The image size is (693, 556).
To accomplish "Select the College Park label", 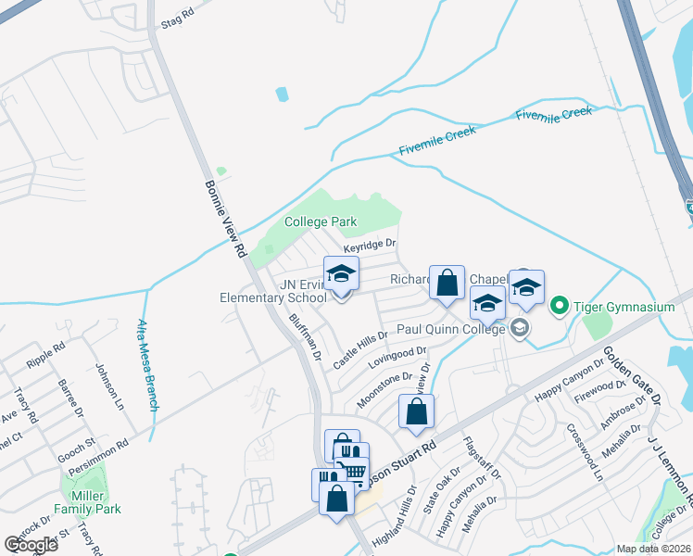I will (321, 222).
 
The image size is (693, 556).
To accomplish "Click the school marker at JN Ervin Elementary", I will (341, 274).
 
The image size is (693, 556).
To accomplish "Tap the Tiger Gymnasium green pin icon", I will (559, 305).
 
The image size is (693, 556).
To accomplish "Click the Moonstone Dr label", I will (384, 388).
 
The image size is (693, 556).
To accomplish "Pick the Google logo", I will (31, 545).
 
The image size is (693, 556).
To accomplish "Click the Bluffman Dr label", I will (304, 336).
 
